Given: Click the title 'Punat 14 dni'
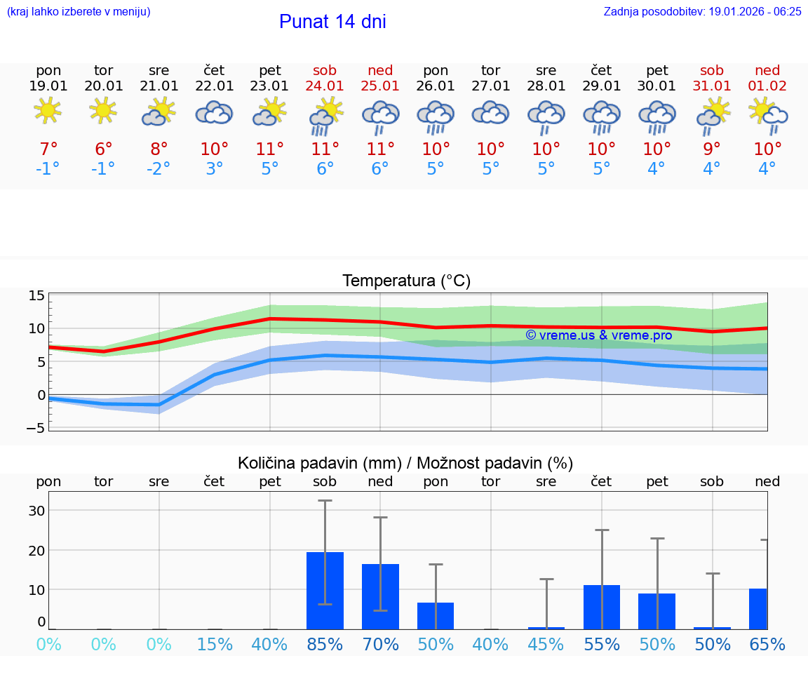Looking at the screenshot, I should [x=332, y=22].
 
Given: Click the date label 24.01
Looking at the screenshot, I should [x=325, y=86].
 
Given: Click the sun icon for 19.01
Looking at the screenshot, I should [x=48, y=111].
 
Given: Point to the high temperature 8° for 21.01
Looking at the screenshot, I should [x=159, y=149].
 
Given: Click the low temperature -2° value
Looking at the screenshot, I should [x=159, y=169].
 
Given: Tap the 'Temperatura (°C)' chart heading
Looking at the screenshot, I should [x=406, y=281].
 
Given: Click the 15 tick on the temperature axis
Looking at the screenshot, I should [x=36, y=295].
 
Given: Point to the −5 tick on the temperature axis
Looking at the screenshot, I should [x=35, y=427].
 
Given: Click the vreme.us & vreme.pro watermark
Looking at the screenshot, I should [x=598, y=335].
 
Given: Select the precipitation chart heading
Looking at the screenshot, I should [x=405, y=463].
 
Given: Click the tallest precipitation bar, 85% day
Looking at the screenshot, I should [x=325, y=590].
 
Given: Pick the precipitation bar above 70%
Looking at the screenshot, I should [x=380, y=596].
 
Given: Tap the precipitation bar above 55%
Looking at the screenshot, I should [x=602, y=607].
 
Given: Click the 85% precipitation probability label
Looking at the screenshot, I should [x=325, y=645].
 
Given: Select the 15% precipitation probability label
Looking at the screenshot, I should [x=215, y=645].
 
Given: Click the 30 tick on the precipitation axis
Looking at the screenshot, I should [x=36, y=511].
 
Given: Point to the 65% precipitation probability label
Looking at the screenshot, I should [x=767, y=645].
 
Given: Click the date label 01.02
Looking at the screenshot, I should [x=767, y=86].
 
